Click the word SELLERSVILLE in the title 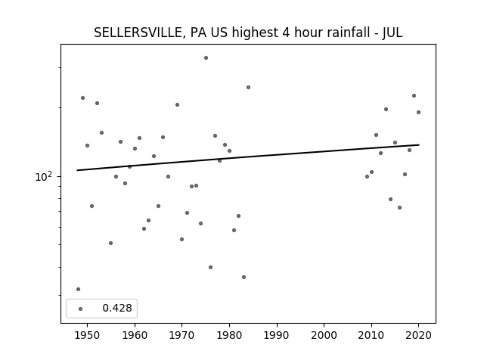pyautogui.click(x=138, y=33)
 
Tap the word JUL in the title pyautogui.click(x=392, y=33)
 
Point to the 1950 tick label pyautogui.click(x=88, y=335)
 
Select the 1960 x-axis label pyautogui.click(x=135, y=335)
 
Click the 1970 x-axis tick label pyautogui.click(x=181, y=335)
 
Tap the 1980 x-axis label pyautogui.click(x=229, y=335)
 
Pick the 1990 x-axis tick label pyautogui.click(x=277, y=335)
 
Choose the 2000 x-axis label pyautogui.click(x=324, y=335)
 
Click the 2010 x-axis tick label pyautogui.click(x=371, y=335)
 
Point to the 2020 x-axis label pyautogui.click(x=418, y=335)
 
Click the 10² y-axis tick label pyautogui.click(x=44, y=176)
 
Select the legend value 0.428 pyautogui.click(x=117, y=308)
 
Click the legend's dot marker pyautogui.click(x=81, y=309)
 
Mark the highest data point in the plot pyautogui.click(x=206, y=57)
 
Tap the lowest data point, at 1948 pyautogui.click(x=78, y=289)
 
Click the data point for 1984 pyautogui.click(x=248, y=88)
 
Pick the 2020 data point pyautogui.click(x=418, y=113)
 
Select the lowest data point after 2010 pyautogui.click(x=399, y=207)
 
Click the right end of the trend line pyautogui.click(x=419, y=144)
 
